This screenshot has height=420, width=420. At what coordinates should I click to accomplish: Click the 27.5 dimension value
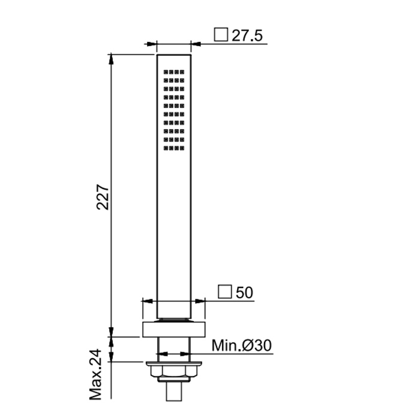tap(247, 35)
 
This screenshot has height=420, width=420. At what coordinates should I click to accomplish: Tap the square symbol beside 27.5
tap(221, 35)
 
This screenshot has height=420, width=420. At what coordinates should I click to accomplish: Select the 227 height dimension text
tap(103, 197)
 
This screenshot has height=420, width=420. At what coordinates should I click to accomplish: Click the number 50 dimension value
tap(244, 293)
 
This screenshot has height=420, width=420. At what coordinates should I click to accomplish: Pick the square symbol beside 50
tap(224, 292)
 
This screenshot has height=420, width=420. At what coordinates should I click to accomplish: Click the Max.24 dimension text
tap(95, 374)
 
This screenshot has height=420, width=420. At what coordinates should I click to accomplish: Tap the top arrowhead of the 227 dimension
tap(111, 59)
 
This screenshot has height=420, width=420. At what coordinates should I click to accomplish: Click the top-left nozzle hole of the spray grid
tap(166, 72)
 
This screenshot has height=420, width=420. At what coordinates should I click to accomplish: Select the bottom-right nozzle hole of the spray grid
tap(182, 148)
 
